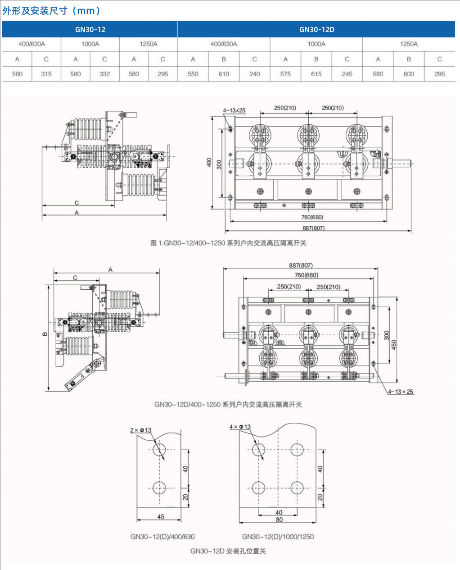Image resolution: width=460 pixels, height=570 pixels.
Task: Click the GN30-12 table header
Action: click(x=90, y=30)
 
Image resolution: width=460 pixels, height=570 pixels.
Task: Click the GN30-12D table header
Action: click(x=316, y=30)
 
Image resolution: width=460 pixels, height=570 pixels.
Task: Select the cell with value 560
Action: click(x=17, y=74)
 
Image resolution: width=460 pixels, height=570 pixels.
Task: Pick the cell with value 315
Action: click(x=46, y=74)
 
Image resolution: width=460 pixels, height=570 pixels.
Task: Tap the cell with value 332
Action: click(x=104, y=74)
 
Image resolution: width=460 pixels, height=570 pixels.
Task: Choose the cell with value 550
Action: click(x=193, y=74)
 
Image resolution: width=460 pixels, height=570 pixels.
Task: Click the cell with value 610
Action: click(x=224, y=74)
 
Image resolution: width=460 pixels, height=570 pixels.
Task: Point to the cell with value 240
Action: click(x=254, y=74)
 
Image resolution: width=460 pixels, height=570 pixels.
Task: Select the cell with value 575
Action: click(x=285, y=74)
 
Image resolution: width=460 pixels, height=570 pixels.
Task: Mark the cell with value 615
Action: click(x=316, y=74)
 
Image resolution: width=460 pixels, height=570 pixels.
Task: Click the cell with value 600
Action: click(x=409, y=74)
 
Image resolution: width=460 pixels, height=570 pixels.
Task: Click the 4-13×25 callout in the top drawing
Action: click(x=234, y=110)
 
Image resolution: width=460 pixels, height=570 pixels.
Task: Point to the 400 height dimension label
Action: click(x=209, y=163)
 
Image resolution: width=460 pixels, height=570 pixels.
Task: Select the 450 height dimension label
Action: click(x=394, y=345)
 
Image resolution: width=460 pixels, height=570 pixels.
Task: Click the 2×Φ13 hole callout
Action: click(x=140, y=430)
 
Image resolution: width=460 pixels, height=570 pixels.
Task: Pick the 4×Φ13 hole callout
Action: click(x=240, y=427)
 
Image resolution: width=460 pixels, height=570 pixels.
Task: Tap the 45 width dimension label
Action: click(x=161, y=517)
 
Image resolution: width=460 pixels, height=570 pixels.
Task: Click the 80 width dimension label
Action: click(x=279, y=520)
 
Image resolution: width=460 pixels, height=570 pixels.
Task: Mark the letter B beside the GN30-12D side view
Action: click(x=45, y=334)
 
